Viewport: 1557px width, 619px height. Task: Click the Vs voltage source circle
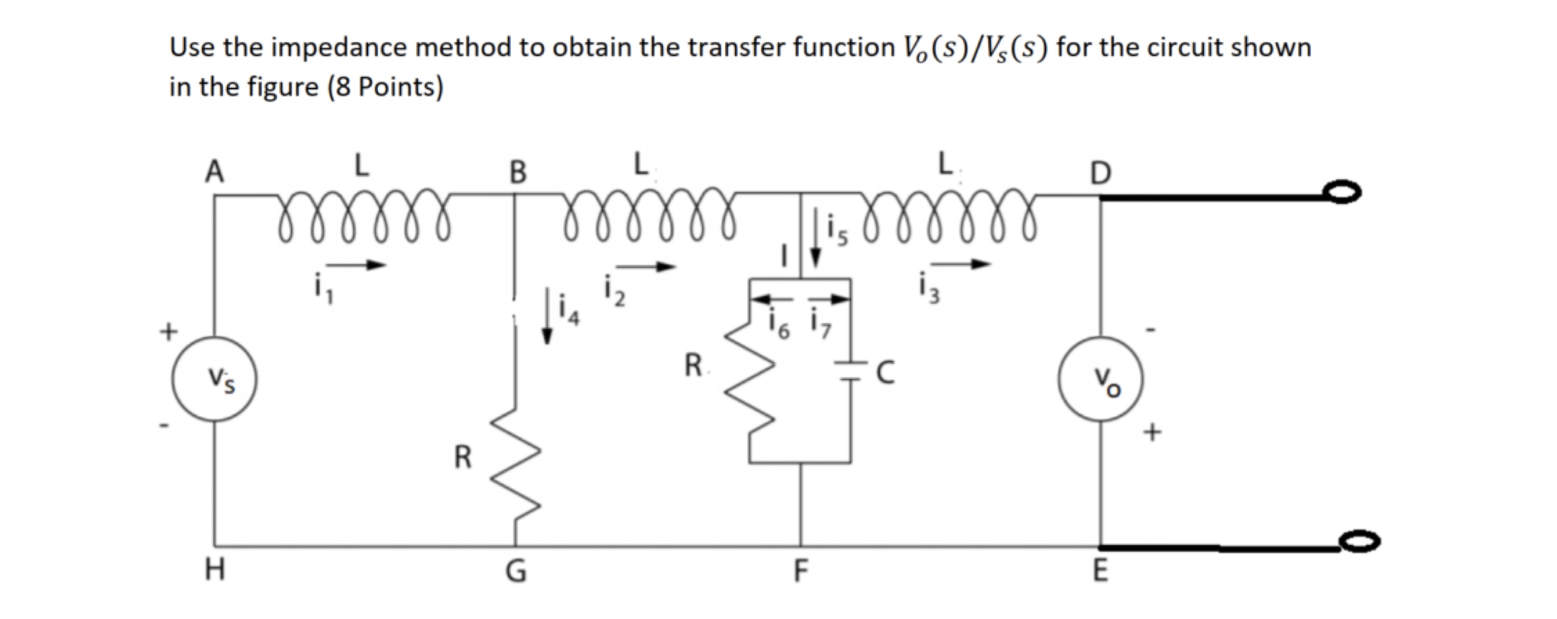214,379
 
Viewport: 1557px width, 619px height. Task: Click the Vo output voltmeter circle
1100,379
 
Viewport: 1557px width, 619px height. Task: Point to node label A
214,172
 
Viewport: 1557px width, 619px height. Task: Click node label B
518,173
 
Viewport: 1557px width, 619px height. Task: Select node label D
1100,173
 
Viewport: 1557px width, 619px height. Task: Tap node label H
214,569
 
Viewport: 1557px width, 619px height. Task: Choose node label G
515,570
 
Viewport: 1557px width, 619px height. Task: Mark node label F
800,570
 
